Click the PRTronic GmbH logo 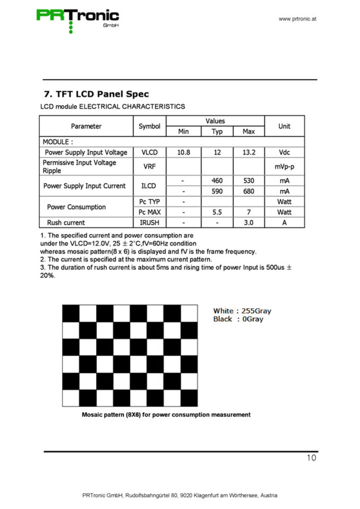tap(78, 19)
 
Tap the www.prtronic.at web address tap(297, 19)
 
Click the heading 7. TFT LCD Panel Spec tap(96, 94)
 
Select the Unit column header tap(284, 126)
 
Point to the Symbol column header tap(149, 126)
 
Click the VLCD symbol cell tap(149, 152)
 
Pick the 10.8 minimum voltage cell tap(183, 152)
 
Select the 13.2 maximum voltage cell tap(249, 152)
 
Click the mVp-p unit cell tap(284, 166)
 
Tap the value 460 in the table tap(217, 181)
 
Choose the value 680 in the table tap(249, 191)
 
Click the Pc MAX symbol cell tap(149, 212)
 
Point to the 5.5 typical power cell tap(217, 212)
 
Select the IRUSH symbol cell tap(149, 223)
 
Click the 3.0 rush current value tap(249, 223)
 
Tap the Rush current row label tap(66, 223)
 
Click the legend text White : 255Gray tap(242, 311)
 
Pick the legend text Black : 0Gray tap(238, 319)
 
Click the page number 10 tap(311, 458)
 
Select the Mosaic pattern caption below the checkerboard tap(166, 415)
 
